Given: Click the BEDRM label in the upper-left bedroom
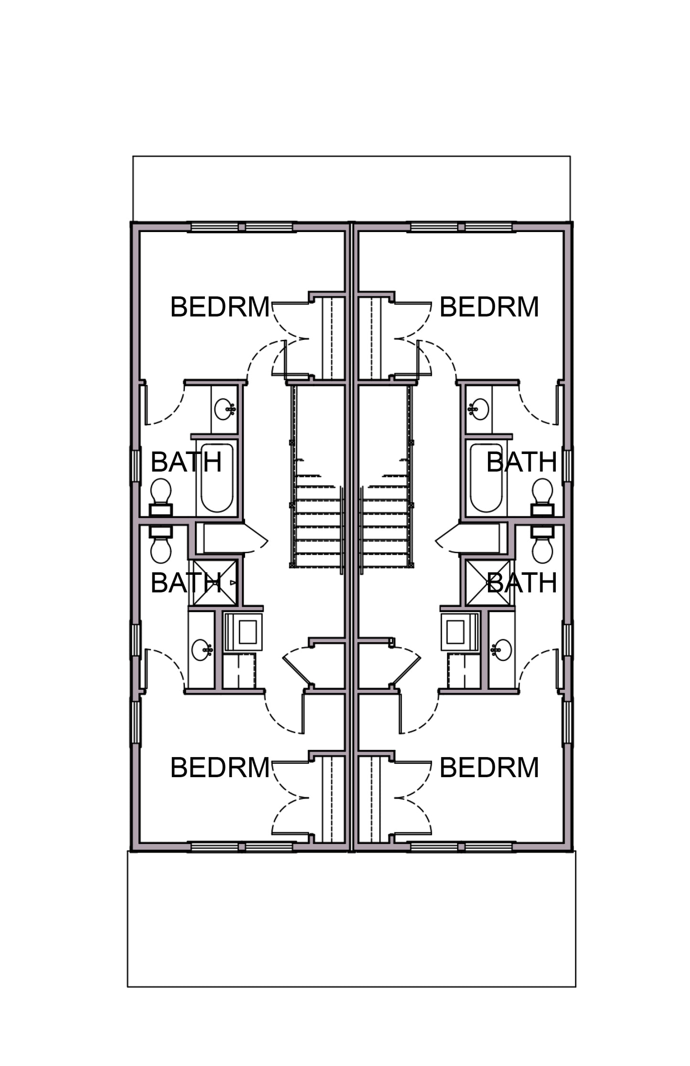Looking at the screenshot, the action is [220, 306].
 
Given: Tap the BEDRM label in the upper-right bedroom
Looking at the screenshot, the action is [489, 306].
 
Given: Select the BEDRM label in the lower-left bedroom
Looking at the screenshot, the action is [220, 768].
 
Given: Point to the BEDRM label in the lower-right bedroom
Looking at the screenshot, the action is [489, 768].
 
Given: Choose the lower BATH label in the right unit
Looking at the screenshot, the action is [521, 582].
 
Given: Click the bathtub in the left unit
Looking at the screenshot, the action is [217, 478].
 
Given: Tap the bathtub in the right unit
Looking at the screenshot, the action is [486, 478].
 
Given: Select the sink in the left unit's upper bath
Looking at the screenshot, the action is [225, 410].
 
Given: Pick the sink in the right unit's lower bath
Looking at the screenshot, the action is [501, 650].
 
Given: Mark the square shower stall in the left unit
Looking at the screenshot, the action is [213, 583].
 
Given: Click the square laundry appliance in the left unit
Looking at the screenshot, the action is [243, 632].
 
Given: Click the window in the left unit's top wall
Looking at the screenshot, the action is [242, 227].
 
